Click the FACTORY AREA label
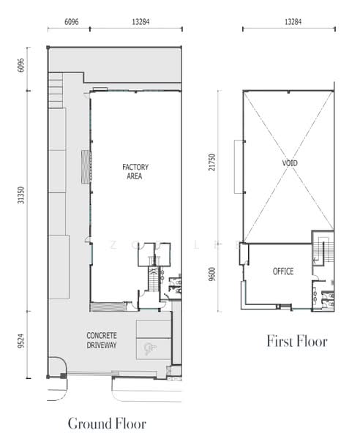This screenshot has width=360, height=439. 135,172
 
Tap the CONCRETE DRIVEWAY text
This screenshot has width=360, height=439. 101,340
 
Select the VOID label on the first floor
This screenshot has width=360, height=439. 290,162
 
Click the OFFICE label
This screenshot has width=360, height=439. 283,271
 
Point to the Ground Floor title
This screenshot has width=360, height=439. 107,424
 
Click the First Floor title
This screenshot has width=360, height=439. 297,341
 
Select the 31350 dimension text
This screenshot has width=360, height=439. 21,195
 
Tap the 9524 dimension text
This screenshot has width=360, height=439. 21,342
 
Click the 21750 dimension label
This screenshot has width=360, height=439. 212,162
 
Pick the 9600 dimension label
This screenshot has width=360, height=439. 212,274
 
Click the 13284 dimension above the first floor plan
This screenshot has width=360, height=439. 293,21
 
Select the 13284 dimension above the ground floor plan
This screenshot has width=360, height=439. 140,21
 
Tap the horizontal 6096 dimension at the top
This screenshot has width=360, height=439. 72,21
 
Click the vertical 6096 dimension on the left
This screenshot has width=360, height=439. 21,65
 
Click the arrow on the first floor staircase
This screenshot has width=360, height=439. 316,260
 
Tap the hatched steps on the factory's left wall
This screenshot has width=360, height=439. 86,167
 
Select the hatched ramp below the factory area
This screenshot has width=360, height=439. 108,307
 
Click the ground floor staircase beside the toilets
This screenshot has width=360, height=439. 153,279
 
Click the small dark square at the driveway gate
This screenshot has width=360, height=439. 64,376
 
